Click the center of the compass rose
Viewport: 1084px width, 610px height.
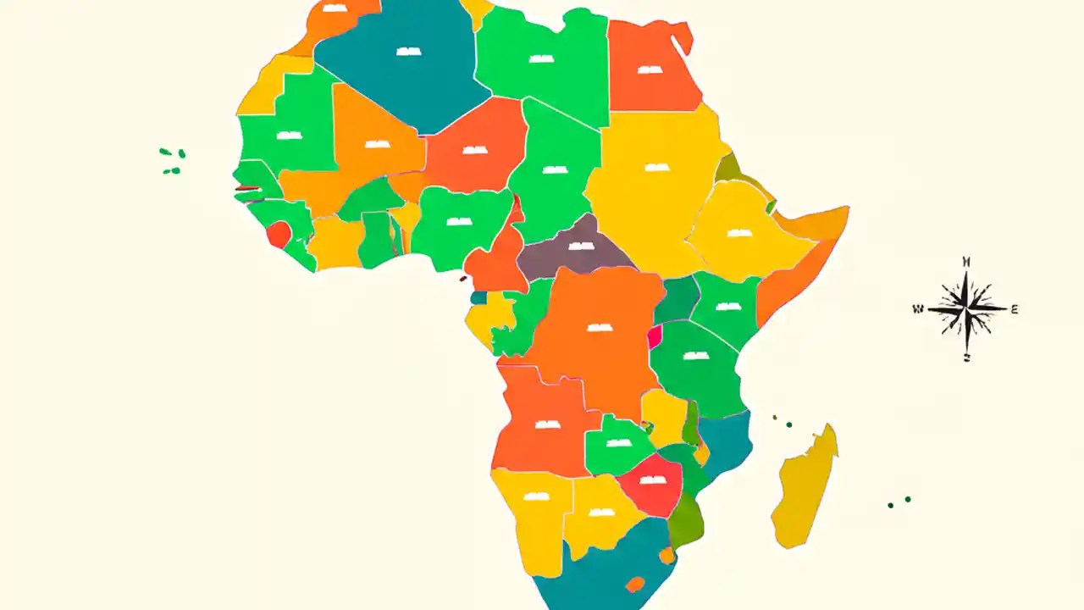tap(966, 308)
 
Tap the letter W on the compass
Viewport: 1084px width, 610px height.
tap(918, 309)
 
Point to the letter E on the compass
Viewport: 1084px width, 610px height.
tap(1015, 309)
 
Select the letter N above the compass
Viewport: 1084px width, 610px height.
tap(966, 261)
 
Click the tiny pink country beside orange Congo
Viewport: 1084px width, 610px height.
tap(655, 337)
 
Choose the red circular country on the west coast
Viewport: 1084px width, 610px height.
tap(279, 234)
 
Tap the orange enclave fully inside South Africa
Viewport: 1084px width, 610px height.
tap(634, 584)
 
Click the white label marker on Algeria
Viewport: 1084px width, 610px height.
tap(408, 52)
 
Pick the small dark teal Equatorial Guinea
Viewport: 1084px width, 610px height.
tap(479, 298)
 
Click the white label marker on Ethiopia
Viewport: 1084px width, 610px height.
tap(738, 233)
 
